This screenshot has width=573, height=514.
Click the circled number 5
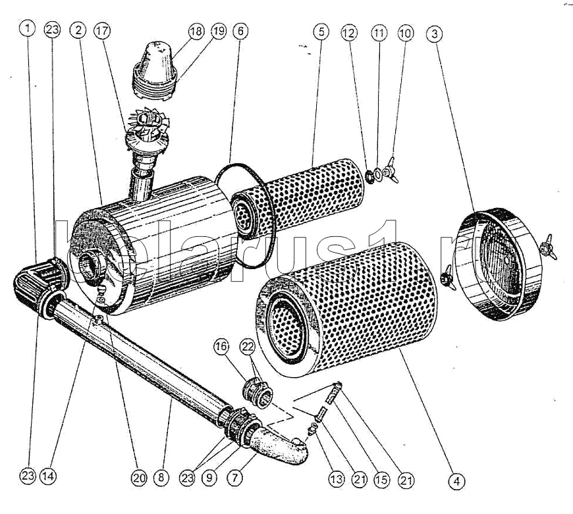[321, 31]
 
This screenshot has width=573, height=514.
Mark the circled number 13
[337, 479]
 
